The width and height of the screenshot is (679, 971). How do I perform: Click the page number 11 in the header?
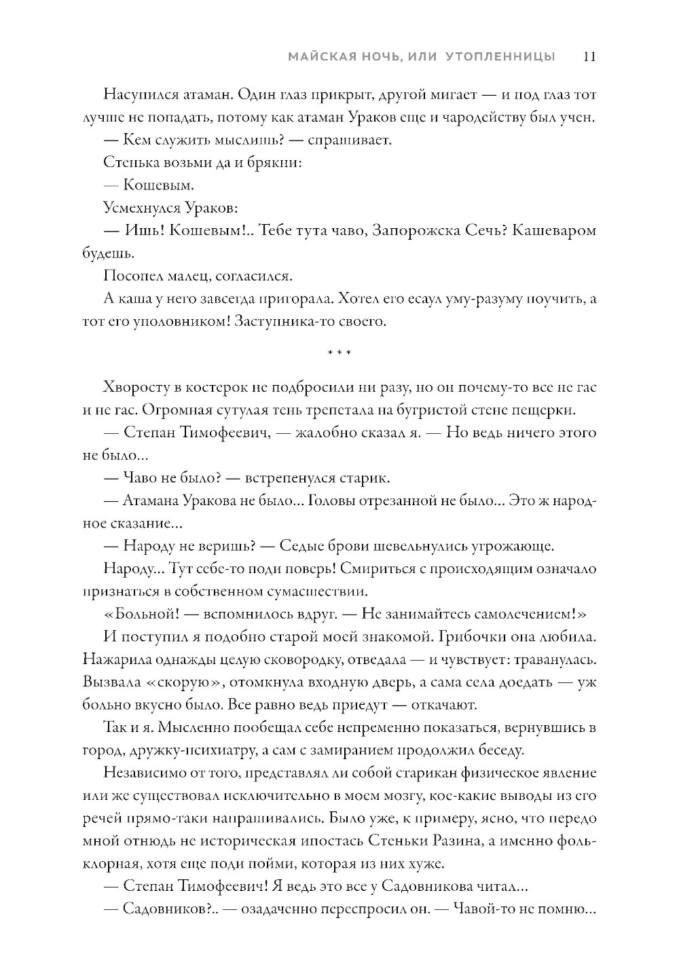coord(589,57)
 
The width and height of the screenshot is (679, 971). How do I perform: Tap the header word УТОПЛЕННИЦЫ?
coord(500,57)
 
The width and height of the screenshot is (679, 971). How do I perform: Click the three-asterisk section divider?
coord(339,354)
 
